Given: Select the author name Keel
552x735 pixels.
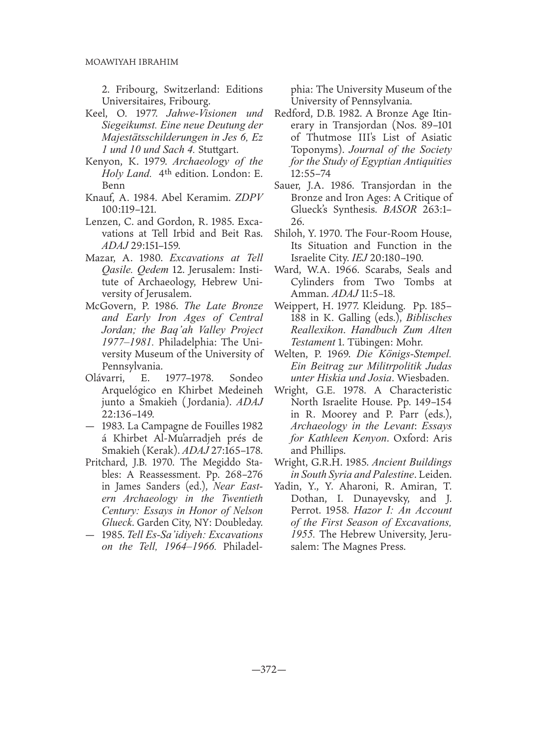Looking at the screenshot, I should pos(97,115).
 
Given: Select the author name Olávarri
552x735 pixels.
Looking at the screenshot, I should pos(105,378).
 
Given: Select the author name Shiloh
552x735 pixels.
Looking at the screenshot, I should pos(290,234).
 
